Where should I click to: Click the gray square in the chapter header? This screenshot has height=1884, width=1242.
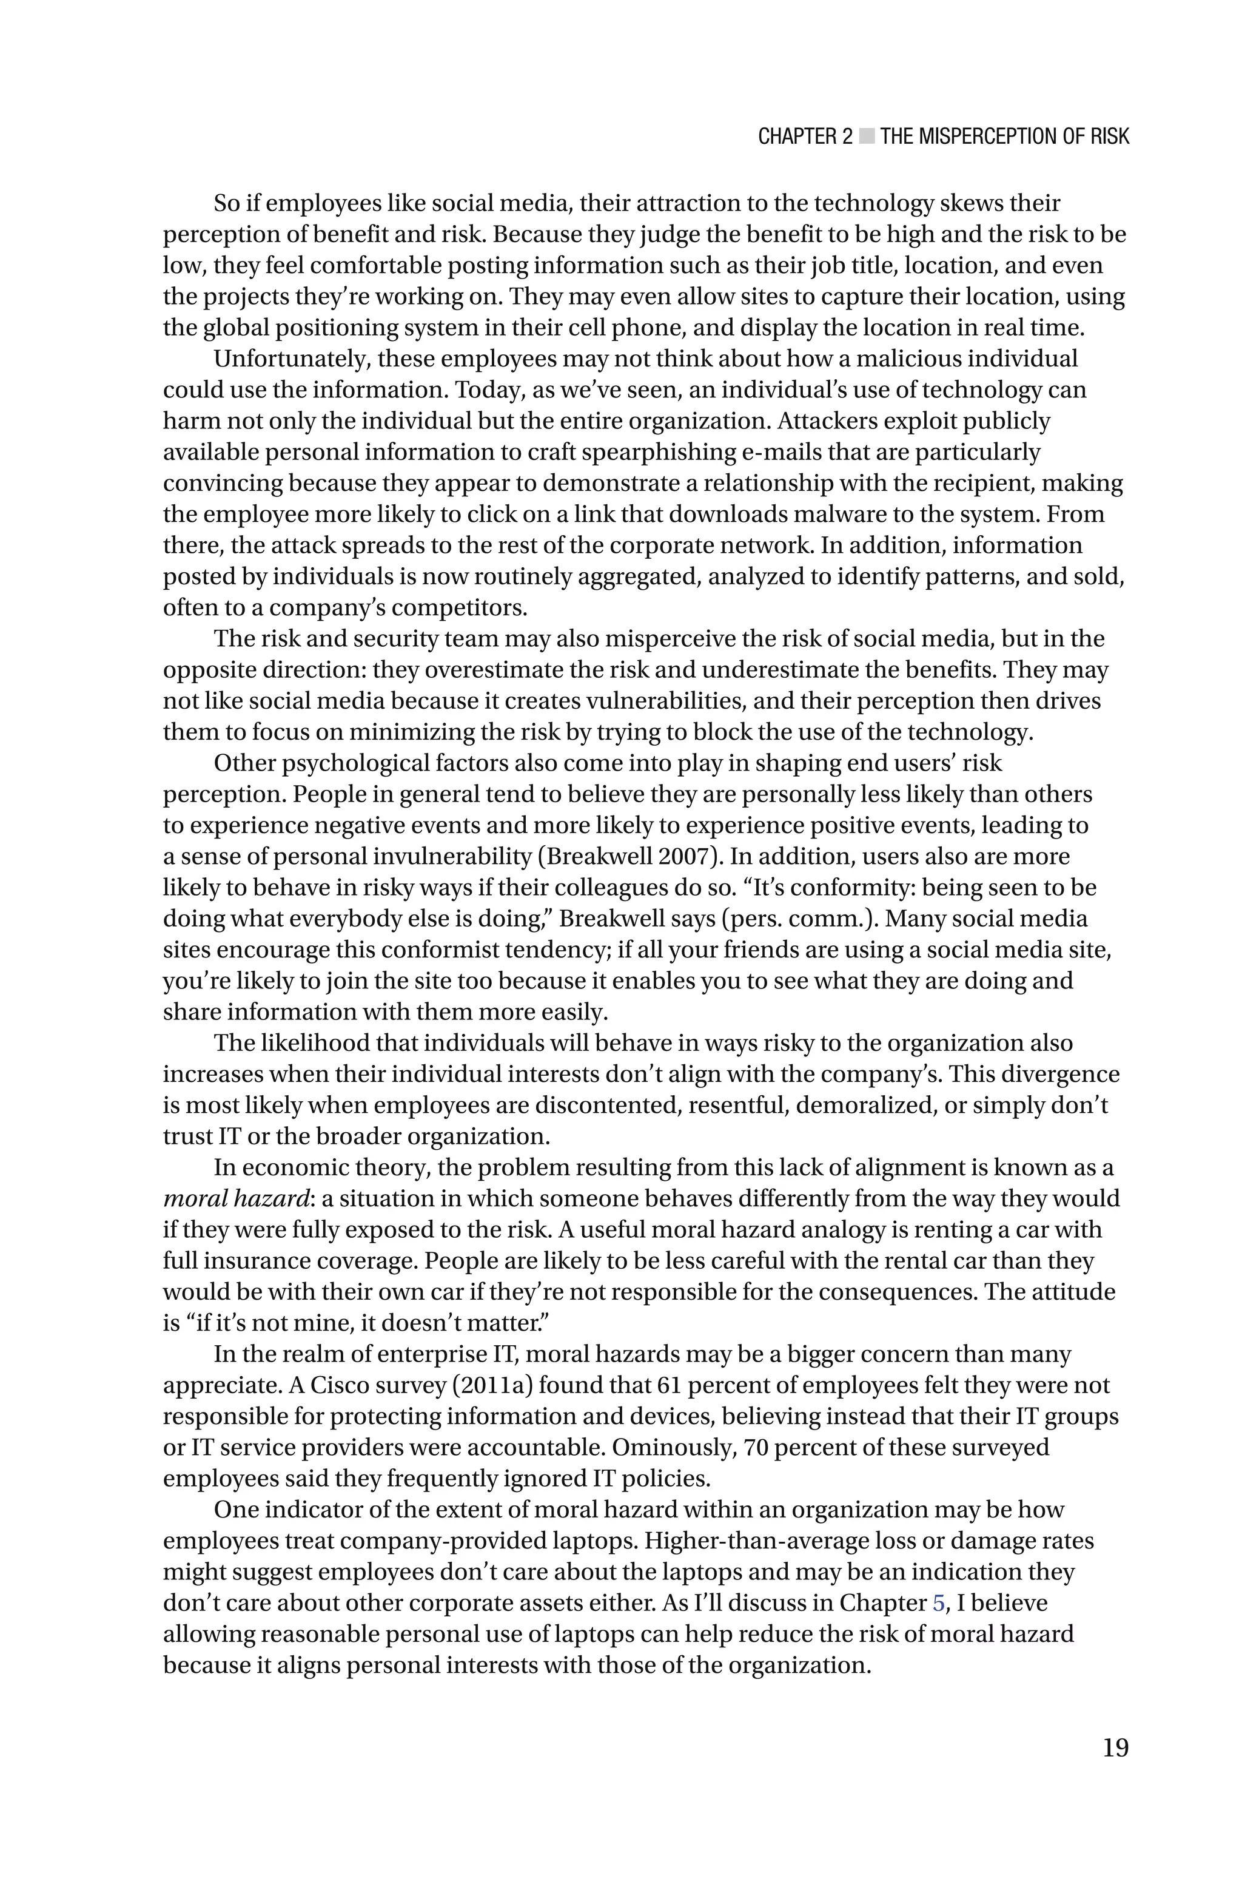pyautogui.click(x=867, y=137)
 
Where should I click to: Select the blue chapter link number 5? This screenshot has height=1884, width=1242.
pyautogui.click(x=939, y=1602)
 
